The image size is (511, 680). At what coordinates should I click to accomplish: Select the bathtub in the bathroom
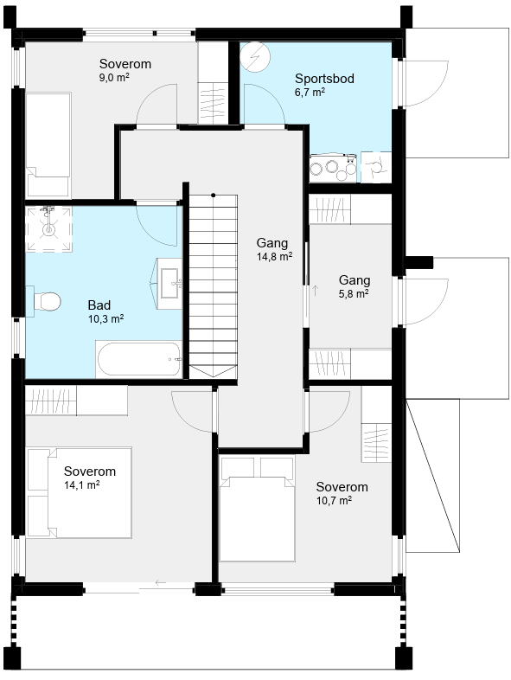(138, 359)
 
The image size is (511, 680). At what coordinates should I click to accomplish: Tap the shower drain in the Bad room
(48, 228)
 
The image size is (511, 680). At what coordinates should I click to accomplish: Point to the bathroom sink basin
(169, 284)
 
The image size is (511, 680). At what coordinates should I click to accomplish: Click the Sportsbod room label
(324, 79)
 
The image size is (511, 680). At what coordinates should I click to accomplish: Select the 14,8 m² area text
(274, 256)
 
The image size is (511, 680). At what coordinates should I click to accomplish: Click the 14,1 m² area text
(82, 484)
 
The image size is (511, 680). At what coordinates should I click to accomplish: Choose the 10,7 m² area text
(334, 500)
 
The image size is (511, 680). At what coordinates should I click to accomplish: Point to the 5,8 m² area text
(354, 293)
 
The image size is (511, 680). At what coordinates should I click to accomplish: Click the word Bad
(99, 305)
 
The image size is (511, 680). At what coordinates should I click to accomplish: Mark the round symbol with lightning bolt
(255, 57)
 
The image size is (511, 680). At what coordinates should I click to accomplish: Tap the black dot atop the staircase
(214, 196)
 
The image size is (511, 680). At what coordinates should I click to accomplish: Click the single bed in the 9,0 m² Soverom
(48, 144)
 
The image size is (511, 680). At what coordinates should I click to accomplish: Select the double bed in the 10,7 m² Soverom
(257, 508)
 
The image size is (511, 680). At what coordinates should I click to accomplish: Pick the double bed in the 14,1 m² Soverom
(80, 492)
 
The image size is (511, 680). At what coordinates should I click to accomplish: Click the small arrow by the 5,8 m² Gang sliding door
(316, 291)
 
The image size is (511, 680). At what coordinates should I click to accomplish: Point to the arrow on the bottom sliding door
(160, 582)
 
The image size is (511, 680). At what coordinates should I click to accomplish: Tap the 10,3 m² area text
(106, 318)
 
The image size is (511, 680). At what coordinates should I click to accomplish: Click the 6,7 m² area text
(310, 92)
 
